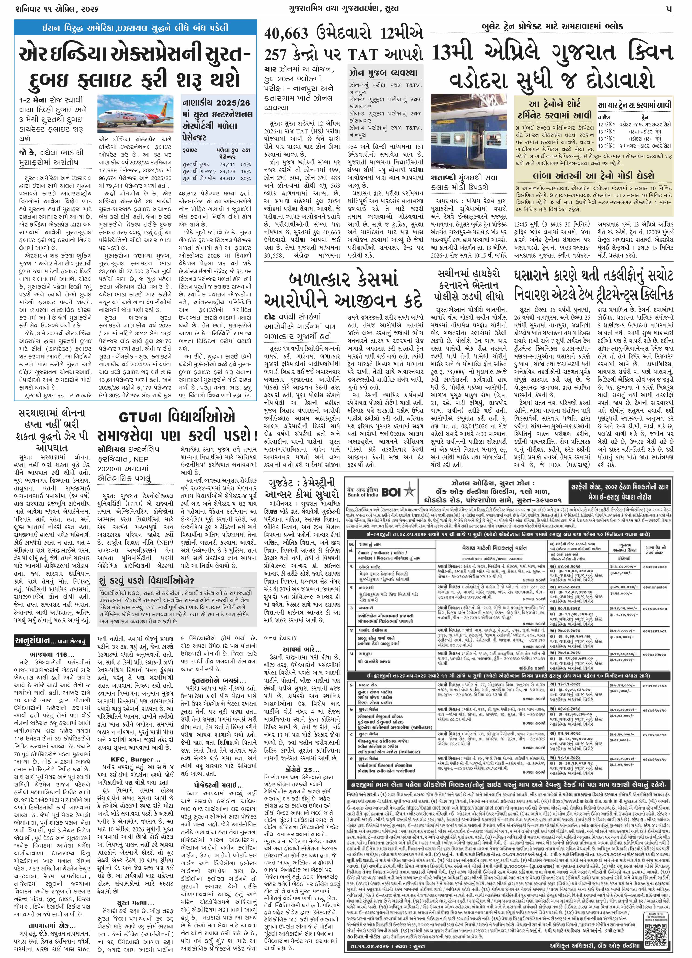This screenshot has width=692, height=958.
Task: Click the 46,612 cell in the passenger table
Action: point(227,179)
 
